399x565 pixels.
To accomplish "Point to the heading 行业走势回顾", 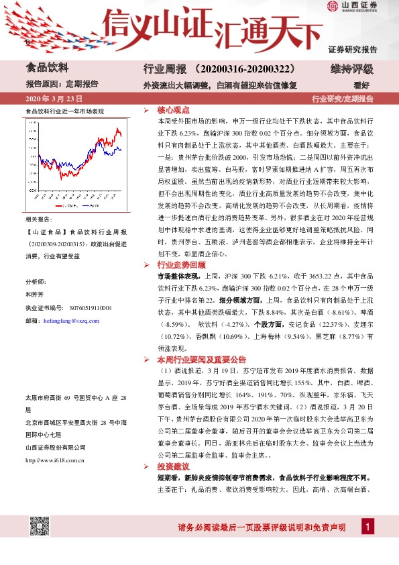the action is [178, 266].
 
